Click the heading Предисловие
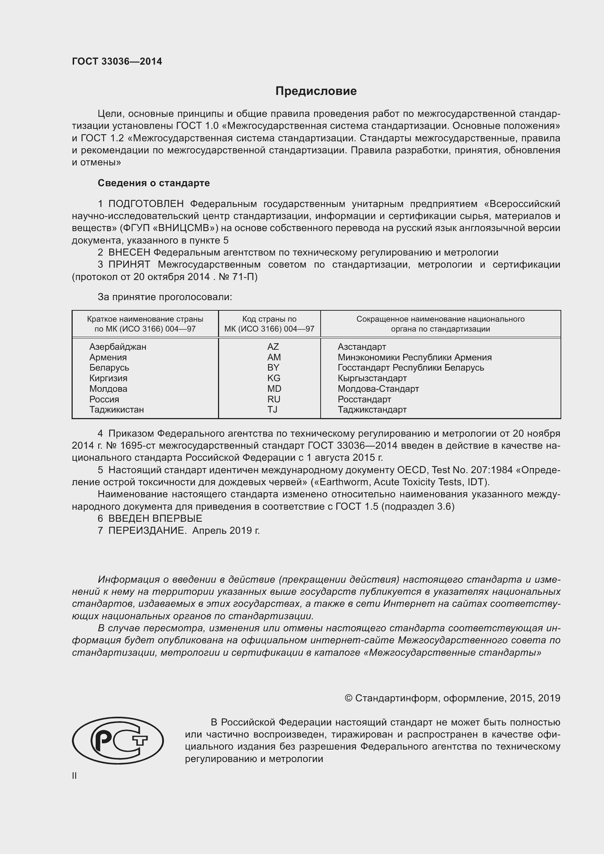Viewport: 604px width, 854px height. (316, 91)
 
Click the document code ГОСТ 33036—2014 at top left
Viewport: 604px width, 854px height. (117, 61)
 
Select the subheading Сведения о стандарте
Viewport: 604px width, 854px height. (154, 183)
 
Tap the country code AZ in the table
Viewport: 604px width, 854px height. (273, 346)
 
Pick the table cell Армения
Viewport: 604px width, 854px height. (108, 357)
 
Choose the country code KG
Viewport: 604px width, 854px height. (274, 378)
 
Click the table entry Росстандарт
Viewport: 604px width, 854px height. (364, 399)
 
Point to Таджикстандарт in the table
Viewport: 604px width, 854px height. (372, 410)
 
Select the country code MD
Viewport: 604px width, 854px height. (274, 389)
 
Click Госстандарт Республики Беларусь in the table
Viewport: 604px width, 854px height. (410, 368)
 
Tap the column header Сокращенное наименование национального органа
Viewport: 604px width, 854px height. (440, 324)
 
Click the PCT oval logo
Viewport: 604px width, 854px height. (118, 740)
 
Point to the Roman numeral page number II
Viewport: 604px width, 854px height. (74, 776)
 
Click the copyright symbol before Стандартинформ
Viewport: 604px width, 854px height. (348, 698)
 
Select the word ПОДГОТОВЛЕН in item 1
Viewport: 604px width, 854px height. (146, 204)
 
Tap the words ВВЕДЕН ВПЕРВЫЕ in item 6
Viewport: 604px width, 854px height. (155, 518)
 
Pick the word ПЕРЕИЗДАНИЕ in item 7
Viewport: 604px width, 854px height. (147, 531)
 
